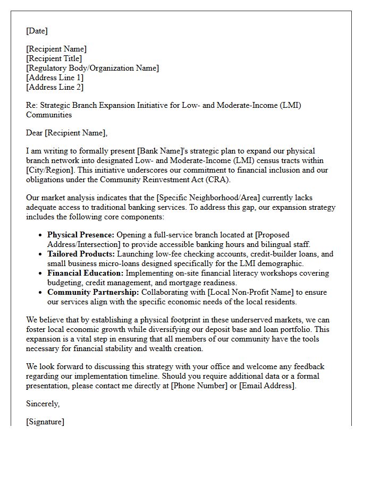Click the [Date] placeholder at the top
(x=37, y=31)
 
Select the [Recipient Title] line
(x=54, y=58)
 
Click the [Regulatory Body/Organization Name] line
(x=92, y=68)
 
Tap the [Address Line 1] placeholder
(x=55, y=78)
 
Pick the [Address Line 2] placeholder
(x=55, y=87)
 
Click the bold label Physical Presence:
(x=81, y=235)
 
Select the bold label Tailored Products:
(x=80, y=254)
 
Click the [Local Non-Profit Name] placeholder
(x=247, y=292)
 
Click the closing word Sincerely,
(x=43, y=404)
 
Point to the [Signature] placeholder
(x=45, y=422)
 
